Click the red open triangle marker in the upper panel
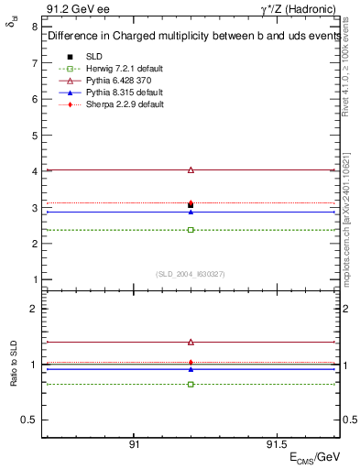click(191, 169)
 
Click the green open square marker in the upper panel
click(191, 229)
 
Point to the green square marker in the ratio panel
click(191, 384)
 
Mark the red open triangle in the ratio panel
click(191, 342)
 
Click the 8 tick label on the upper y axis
click(34, 27)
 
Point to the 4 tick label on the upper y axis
click(34, 171)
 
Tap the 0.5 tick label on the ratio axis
click(29, 420)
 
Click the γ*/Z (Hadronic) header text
click(300, 8)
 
